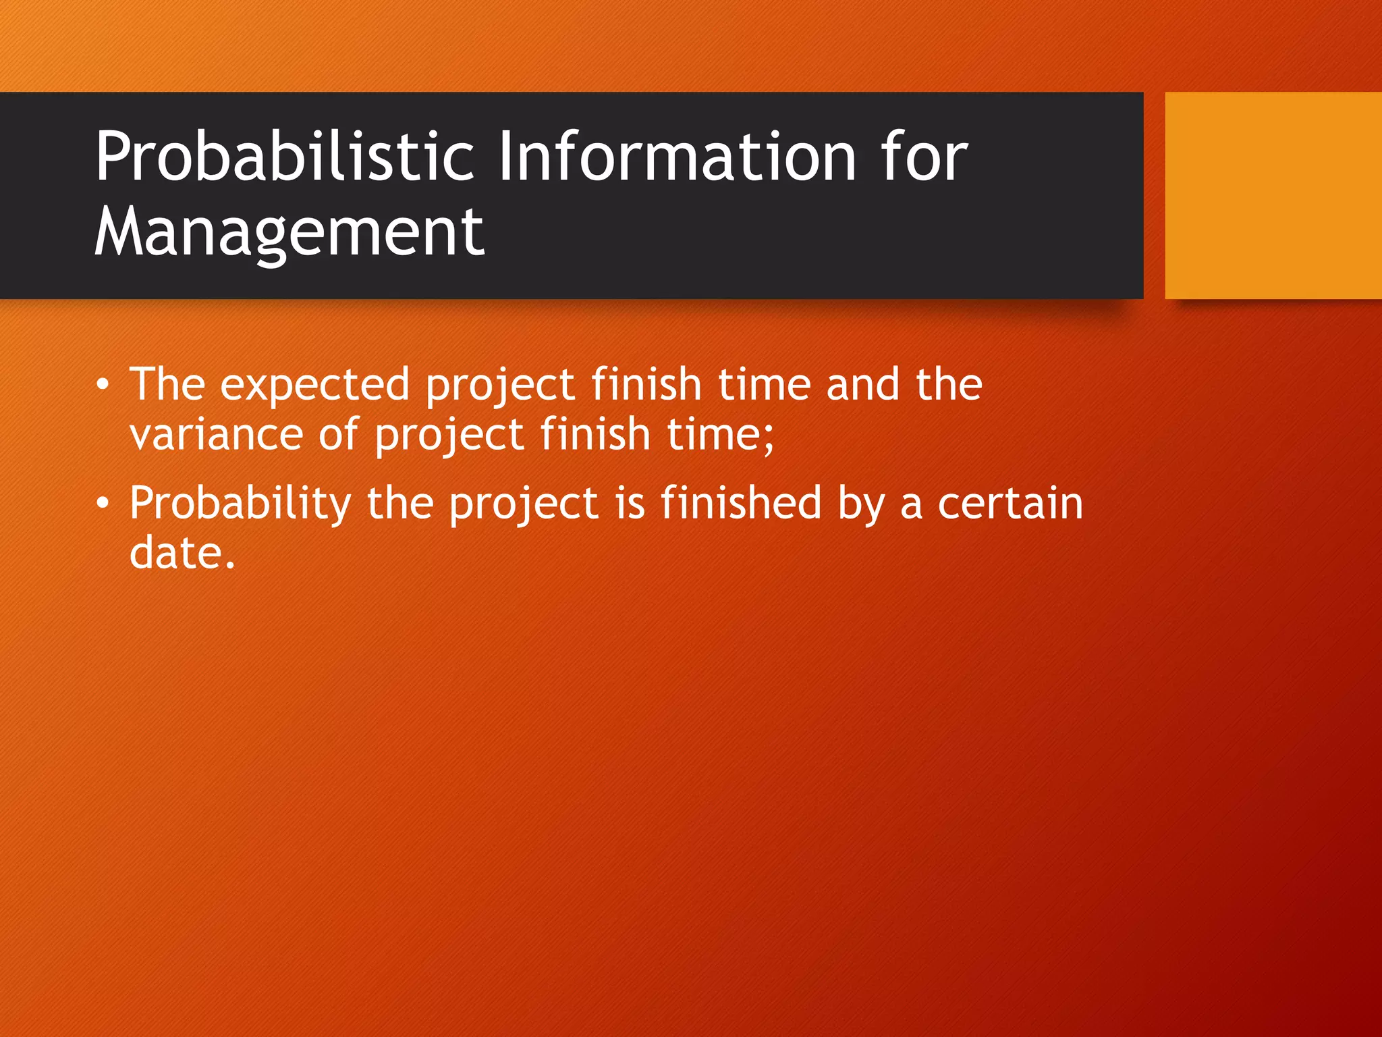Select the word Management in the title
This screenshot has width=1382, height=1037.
click(x=289, y=232)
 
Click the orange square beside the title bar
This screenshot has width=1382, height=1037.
click(x=1273, y=195)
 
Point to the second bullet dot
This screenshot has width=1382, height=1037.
click(x=102, y=504)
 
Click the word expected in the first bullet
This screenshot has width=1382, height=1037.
click(x=315, y=385)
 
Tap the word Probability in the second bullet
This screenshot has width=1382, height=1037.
click(x=240, y=504)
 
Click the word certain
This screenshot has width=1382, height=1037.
click(x=1010, y=504)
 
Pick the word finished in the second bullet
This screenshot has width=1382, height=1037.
click(x=740, y=504)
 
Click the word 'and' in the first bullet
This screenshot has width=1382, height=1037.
click(x=863, y=385)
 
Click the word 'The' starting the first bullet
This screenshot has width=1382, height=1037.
click(x=167, y=385)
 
